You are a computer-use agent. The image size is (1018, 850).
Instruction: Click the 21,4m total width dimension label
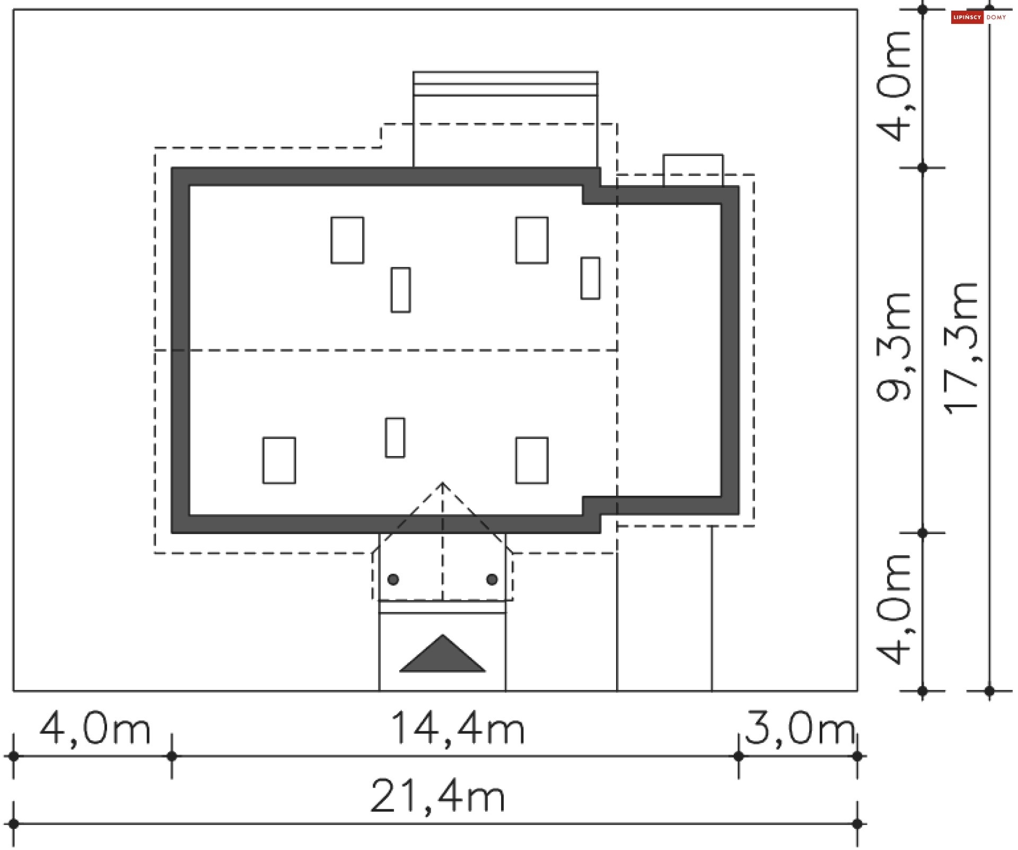[x=438, y=796]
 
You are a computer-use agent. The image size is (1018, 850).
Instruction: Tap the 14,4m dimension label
[x=457, y=729]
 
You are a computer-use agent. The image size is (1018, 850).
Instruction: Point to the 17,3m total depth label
[x=961, y=348]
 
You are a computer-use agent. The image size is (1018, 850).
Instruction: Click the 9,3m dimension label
[x=894, y=347]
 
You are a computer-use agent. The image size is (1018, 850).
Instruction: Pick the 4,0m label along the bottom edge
[x=95, y=729]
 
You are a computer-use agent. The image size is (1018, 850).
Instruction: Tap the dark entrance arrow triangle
[x=442, y=655]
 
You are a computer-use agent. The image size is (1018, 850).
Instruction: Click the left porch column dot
[x=393, y=580]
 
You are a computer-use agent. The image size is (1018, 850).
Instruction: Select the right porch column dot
[x=492, y=580]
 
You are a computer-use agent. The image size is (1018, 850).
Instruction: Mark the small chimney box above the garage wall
[x=693, y=170]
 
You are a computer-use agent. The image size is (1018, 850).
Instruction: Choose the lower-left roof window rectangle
[x=279, y=460]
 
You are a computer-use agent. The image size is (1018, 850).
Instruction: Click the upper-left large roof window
[x=347, y=240]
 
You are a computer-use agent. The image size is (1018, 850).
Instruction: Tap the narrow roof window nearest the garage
[x=591, y=278]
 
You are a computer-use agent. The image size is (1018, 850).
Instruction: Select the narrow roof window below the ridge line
[x=395, y=437]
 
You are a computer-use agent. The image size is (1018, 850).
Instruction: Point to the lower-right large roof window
[x=532, y=460]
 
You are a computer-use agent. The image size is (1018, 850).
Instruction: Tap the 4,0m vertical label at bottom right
[x=894, y=610]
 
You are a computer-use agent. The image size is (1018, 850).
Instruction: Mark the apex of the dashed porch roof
[x=443, y=483]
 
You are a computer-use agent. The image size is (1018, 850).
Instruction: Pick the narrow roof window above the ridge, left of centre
[x=401, y=290]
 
